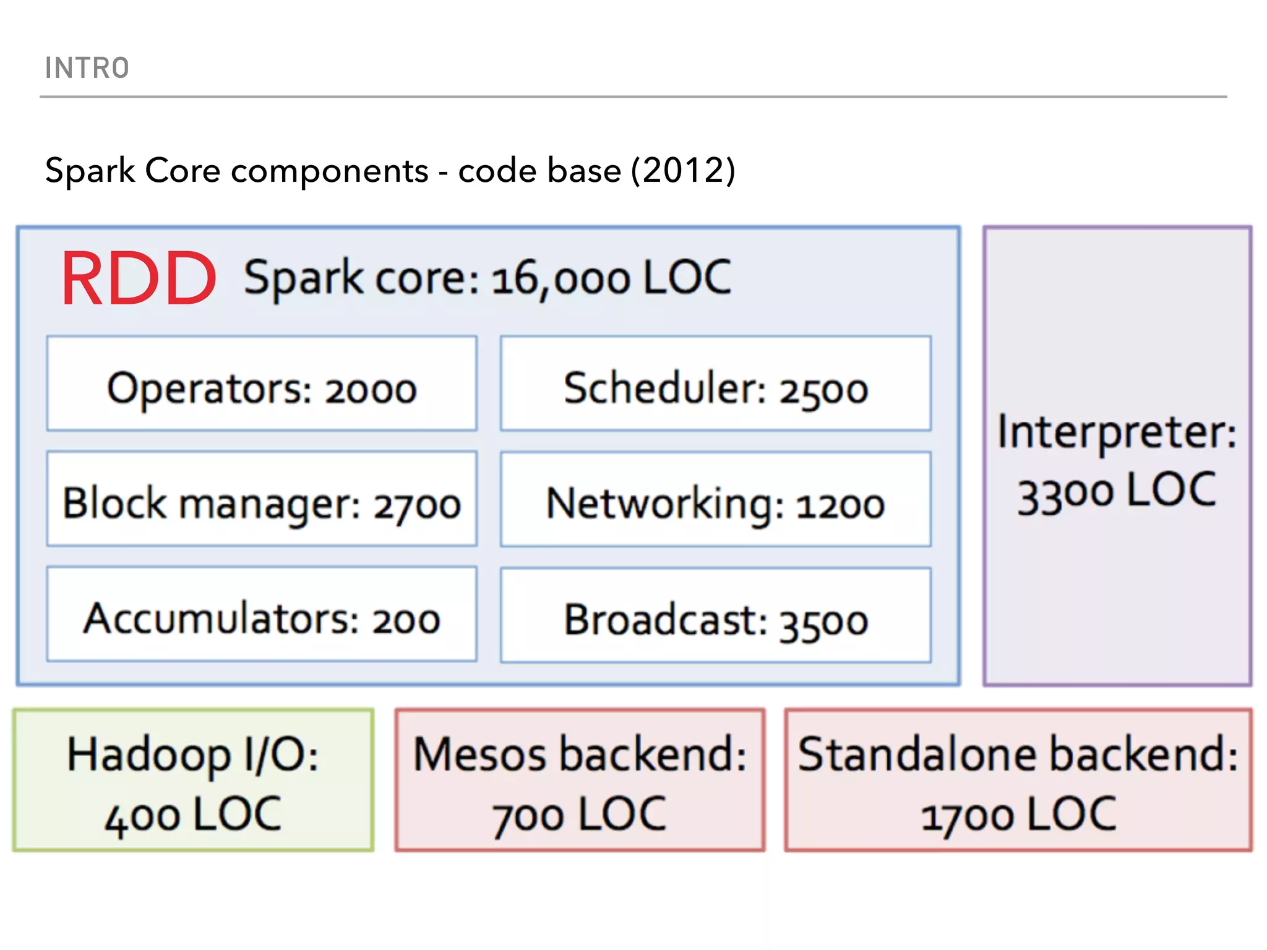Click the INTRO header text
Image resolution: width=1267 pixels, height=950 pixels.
point(87,68)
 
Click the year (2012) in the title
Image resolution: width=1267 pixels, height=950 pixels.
point(683,171)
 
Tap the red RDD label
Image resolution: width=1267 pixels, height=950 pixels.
point(139,280)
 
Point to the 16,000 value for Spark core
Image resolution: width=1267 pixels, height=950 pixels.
point(560,280)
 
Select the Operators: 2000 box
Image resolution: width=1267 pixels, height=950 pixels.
point(262,384)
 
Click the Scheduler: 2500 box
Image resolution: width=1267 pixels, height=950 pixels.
point(716,384)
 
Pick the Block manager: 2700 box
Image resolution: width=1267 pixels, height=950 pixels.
point(262,500)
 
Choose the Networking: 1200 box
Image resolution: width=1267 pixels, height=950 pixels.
point(716,500)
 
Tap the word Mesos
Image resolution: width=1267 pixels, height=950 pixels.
point(480,755)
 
